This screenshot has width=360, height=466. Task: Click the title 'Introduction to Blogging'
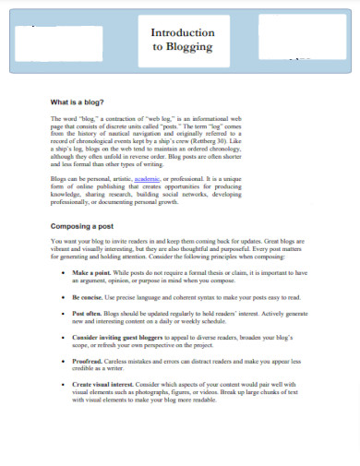coord(182,39)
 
